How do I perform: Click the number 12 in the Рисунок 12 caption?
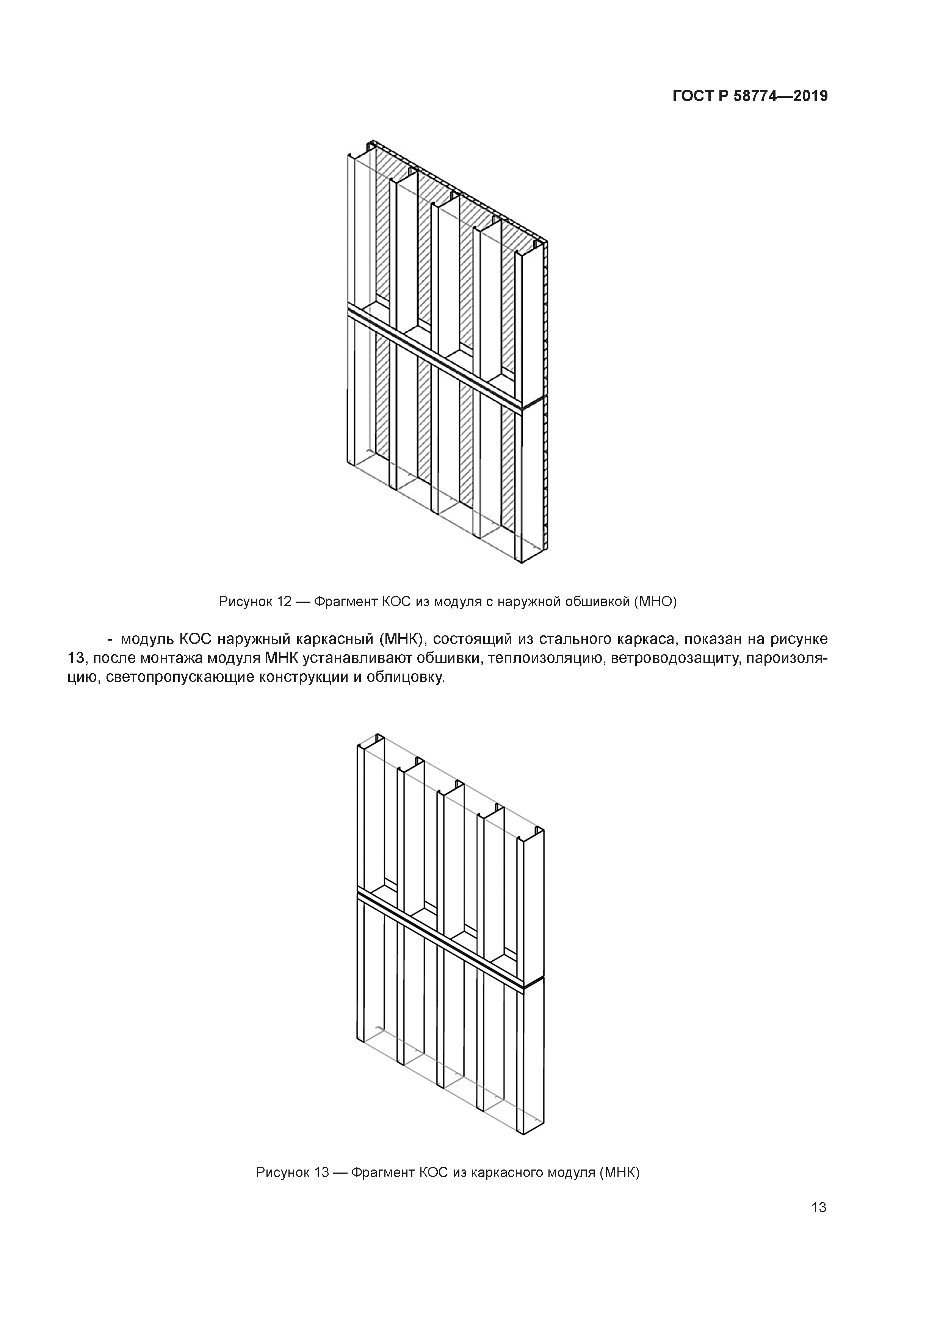click(x=284, y=601)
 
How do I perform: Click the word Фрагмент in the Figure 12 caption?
click(x=345, y=601)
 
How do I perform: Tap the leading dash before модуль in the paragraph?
click(x=110, y=639)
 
